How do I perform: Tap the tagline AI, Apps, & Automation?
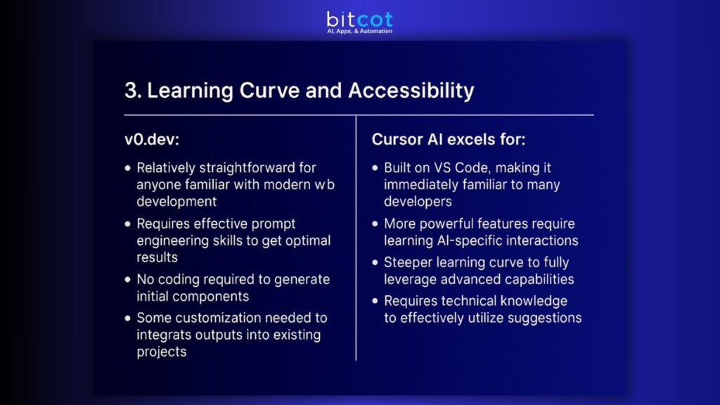point(359,32)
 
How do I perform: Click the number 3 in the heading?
point(130,91)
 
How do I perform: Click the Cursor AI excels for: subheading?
point(448,139)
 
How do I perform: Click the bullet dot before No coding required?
point(127,280)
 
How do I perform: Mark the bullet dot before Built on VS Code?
point(375,169)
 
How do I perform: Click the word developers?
point(418,201)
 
